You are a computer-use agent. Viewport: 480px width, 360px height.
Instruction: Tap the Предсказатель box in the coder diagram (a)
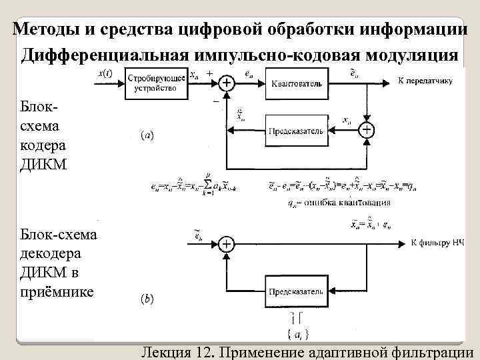click(297, 131)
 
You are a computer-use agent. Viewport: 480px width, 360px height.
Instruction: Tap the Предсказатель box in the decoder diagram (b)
click(296, 291)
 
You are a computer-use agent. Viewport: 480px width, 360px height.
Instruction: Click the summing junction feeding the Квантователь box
click(227, 83)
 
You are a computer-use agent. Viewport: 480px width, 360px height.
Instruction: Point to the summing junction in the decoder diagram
click(227, 244)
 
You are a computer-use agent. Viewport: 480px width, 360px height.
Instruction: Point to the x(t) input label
click(105, 74)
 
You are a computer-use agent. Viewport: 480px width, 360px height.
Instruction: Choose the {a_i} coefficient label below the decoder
click(296, 331)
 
